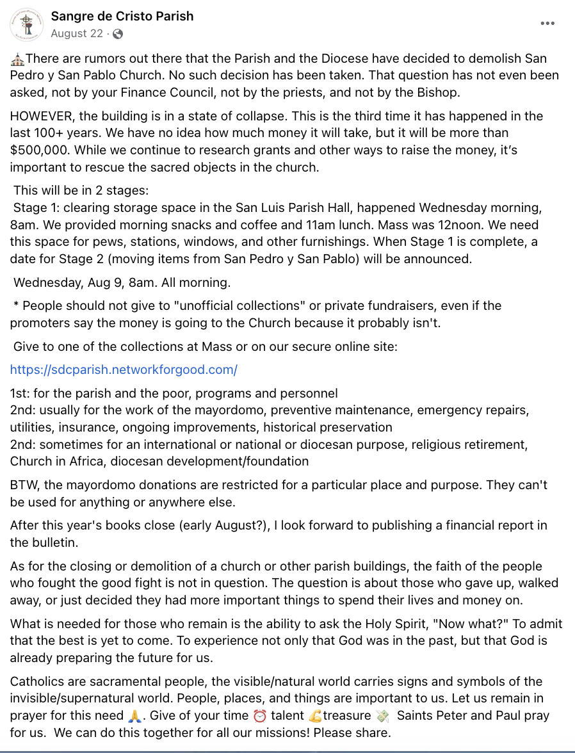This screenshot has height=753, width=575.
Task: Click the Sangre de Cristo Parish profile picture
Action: (x=26, y=25)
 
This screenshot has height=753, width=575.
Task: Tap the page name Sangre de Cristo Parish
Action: (x=122, y=16)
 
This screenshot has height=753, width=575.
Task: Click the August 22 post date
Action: (x=77, y=34)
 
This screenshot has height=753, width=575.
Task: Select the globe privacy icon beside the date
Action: (x=118, y=34)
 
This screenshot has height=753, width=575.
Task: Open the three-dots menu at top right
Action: (x=547, y=24)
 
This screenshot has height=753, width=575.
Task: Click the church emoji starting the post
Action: (x=17, y=59)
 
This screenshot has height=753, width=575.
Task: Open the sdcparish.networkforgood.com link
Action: (x=124, y=369)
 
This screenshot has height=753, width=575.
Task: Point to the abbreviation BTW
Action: (x=24, y=484)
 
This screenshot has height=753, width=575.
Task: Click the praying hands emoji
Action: (x=134, y=715)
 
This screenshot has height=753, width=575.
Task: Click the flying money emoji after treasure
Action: (x=383, y=715)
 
